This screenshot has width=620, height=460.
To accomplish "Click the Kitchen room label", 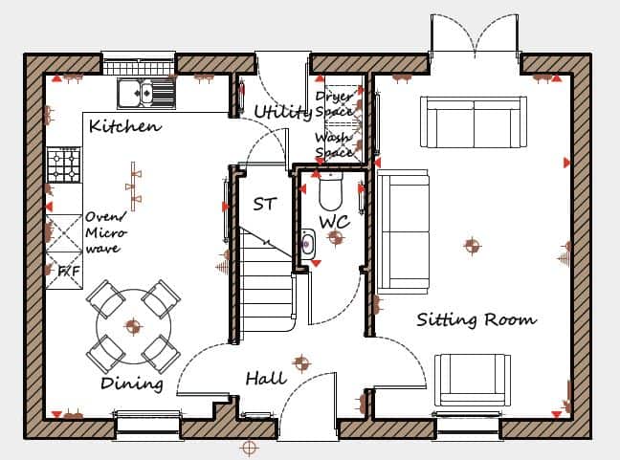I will click(x=124, y=125).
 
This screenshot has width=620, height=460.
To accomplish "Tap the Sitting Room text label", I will click(x=476, y=319).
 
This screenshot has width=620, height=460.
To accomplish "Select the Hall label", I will click(x=265, y=379).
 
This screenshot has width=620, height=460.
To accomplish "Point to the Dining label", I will click(x=131, y=383).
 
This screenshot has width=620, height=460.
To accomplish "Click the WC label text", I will click(x=334, y=222).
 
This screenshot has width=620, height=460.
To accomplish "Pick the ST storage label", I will click(x=264, y=204).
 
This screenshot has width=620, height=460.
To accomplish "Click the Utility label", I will click(x=283, y=112).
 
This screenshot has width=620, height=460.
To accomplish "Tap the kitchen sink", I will click(x=146, y=93).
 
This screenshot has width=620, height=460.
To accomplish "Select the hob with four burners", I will click(x=64, y=164).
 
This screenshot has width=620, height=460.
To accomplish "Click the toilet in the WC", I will click(x=330, y=190).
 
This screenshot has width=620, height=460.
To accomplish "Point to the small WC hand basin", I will click(x=307, y=244).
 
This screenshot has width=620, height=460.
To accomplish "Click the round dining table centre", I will click(x=133, y=327).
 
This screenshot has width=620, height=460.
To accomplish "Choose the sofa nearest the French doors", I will click(x=475, y=121).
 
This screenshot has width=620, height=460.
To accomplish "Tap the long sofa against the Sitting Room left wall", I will click(x=402, y=231).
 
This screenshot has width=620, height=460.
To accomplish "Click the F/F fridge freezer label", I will click(x=68, y=272).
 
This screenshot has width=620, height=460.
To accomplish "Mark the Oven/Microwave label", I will click(x=102, y=232).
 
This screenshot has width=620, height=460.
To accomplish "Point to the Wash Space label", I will click(x=334, y=144).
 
